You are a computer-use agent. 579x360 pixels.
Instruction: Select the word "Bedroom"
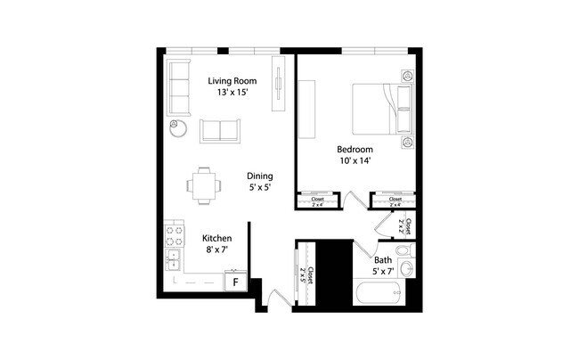coord(354,148)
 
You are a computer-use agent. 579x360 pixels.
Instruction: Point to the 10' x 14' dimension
coord(354,161)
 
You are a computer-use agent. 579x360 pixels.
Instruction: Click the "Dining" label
coord(259,176)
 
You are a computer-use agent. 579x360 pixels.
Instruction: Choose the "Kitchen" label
coord(217,238)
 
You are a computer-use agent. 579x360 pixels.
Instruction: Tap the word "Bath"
coord(382,260)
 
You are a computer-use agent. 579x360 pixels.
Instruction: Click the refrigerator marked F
coord(235,282)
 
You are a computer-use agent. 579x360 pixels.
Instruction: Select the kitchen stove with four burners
coord(172,236)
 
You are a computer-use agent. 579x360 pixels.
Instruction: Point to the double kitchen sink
coord(172,259)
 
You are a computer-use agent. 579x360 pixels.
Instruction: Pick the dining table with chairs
coord(202,185)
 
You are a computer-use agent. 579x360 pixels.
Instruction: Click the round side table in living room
coord(177,127)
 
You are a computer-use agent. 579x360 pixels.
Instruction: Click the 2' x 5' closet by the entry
coord(304,271)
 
